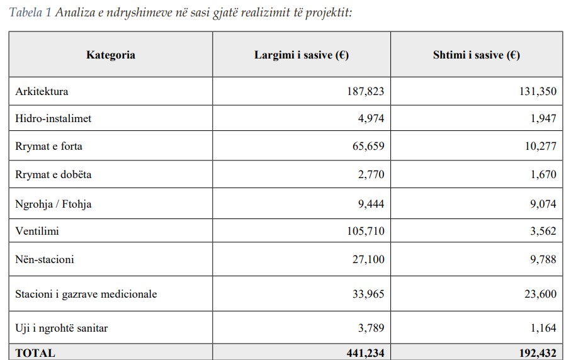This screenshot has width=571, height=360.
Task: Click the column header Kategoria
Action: [110, 55]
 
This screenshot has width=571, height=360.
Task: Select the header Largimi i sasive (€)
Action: [302, 55]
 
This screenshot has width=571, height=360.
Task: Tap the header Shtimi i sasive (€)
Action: [476, 55]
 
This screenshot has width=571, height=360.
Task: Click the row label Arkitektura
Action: [42, 91]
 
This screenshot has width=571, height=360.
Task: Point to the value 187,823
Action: [365, 91]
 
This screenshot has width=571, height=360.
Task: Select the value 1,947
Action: [543, 118]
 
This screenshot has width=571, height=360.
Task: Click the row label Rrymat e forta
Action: [48, 146]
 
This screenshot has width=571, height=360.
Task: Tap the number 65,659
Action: [368, 146]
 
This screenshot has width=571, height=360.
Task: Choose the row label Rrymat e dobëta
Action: [53, 174]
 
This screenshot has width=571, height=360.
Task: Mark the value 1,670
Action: [543, 174]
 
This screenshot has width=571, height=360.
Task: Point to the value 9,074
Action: [543, 203]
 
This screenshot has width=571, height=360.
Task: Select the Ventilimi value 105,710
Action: [365, 231]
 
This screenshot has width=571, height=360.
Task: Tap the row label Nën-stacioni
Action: [45, 259]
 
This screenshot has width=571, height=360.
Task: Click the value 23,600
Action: [540, 294]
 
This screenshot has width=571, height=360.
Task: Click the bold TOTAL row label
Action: [35, 353]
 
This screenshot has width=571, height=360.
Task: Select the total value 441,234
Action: [365, 353]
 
